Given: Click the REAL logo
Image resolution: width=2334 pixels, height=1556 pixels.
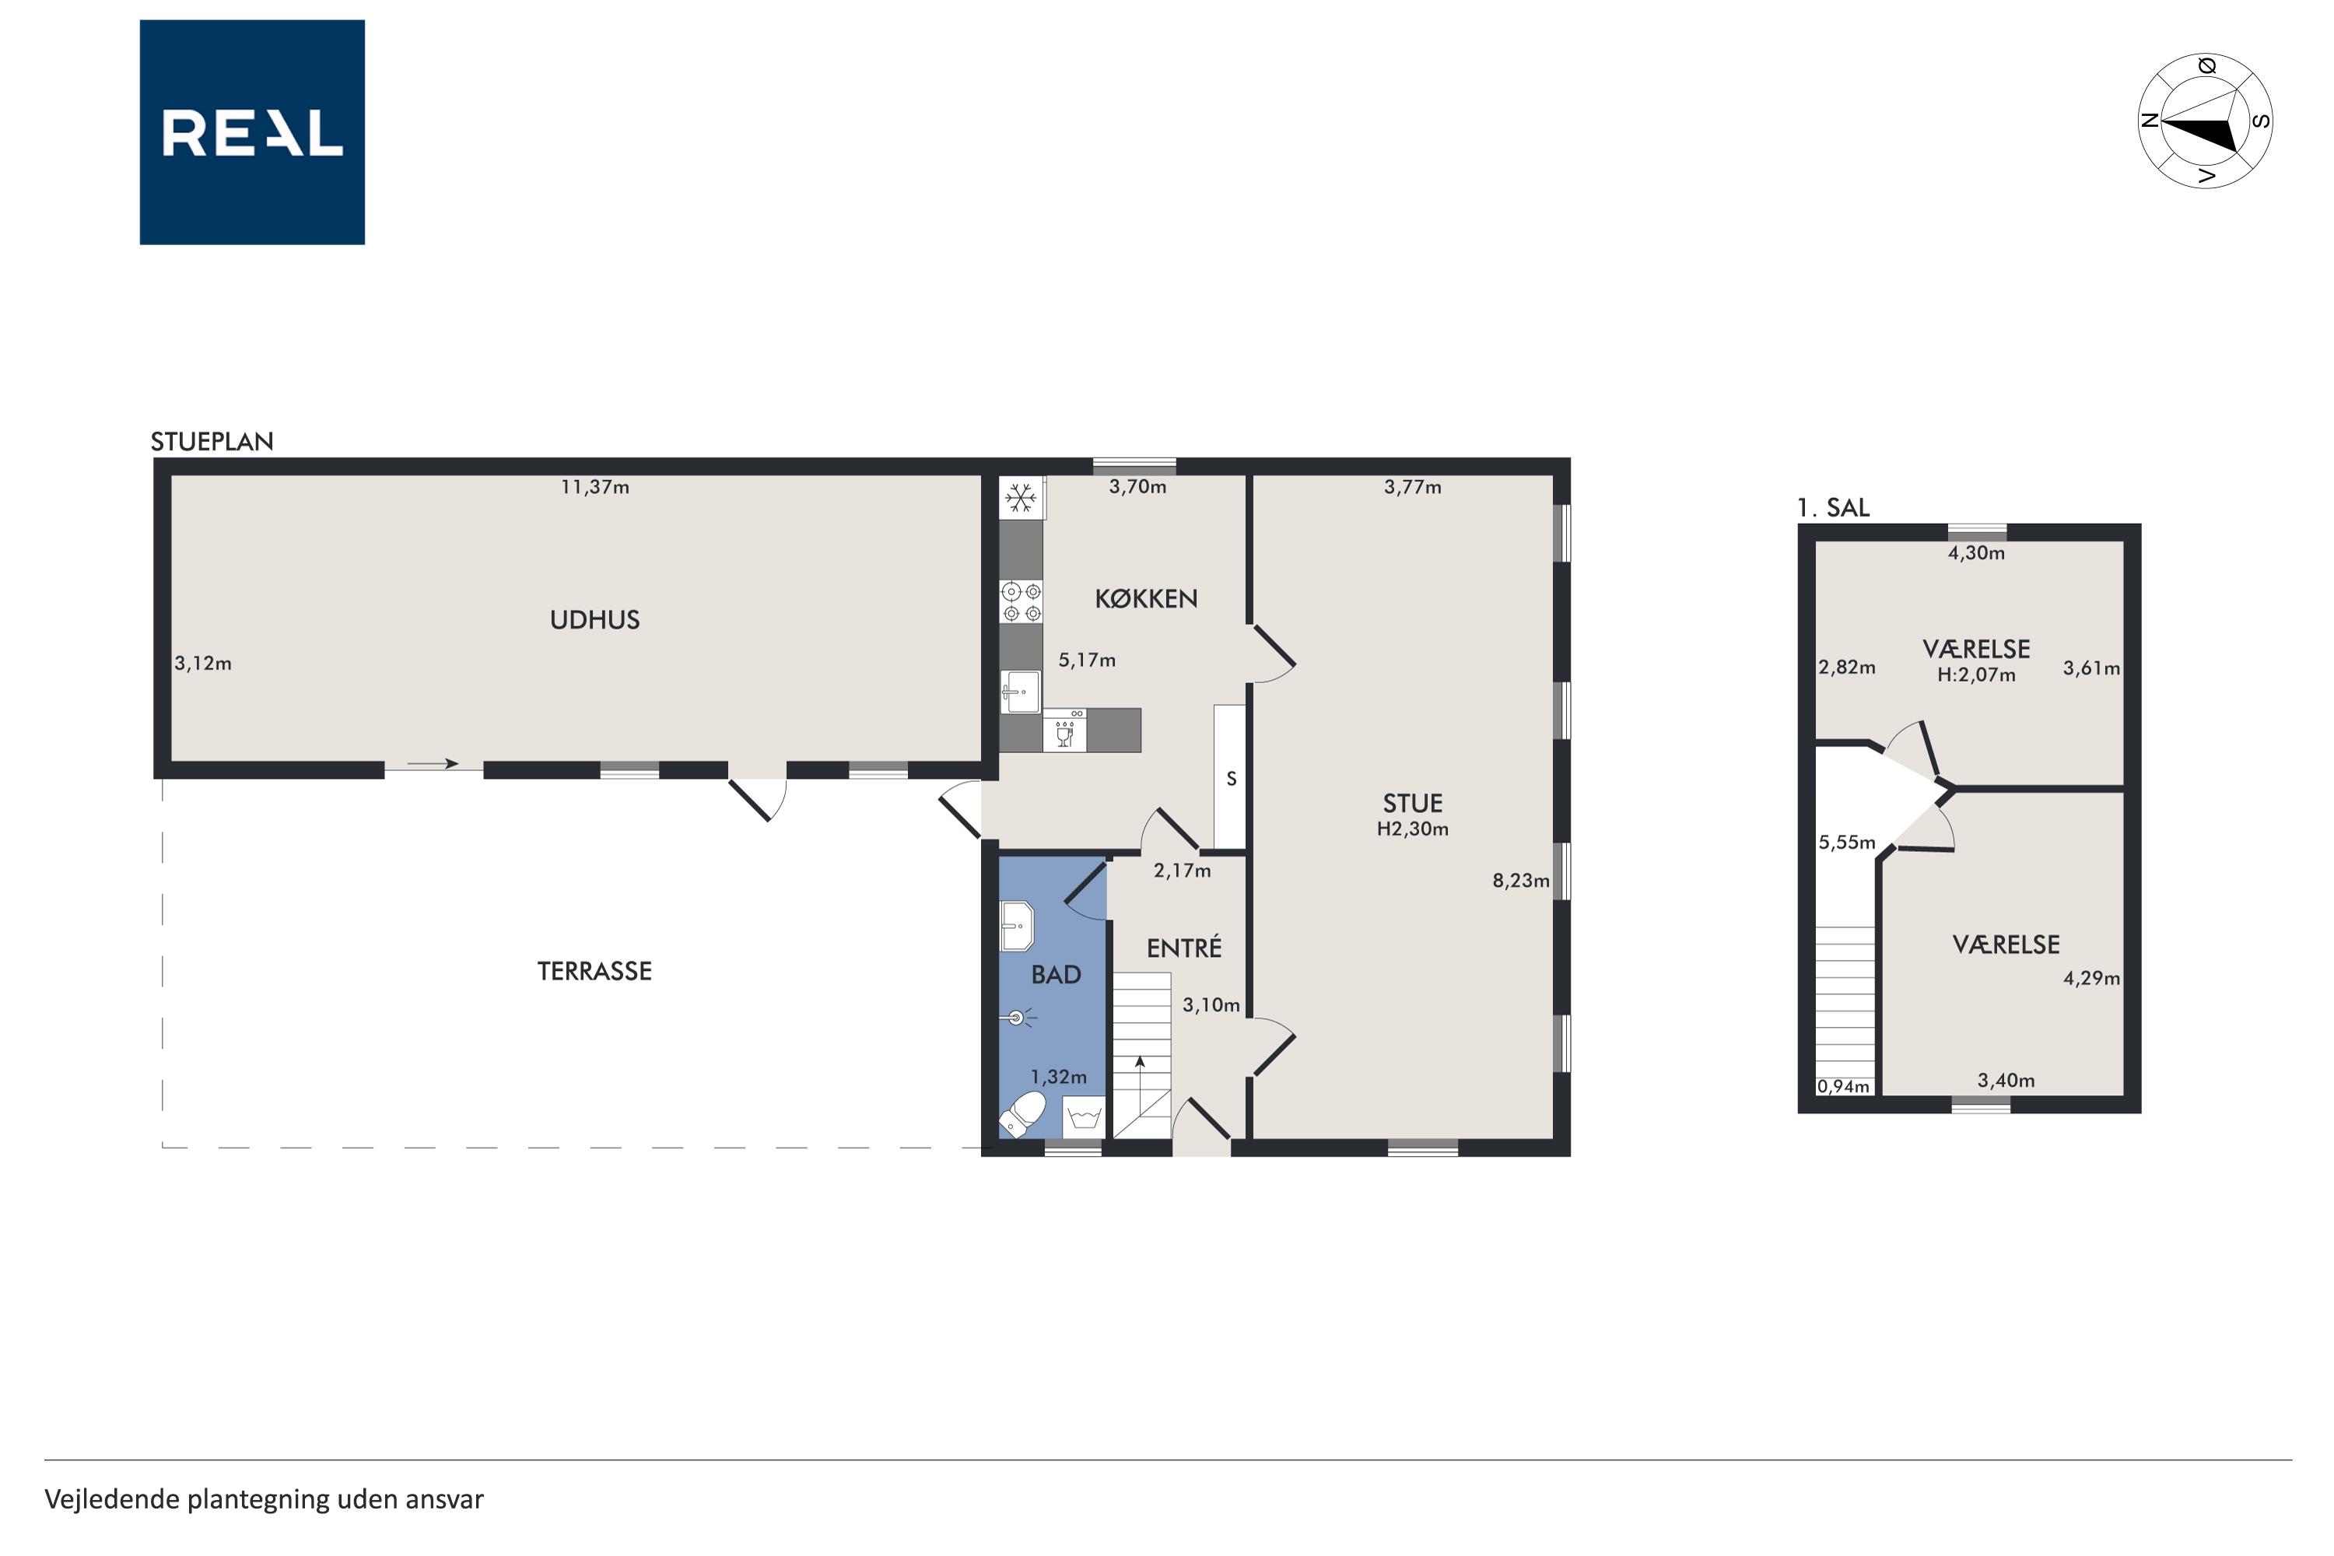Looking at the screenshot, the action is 252,132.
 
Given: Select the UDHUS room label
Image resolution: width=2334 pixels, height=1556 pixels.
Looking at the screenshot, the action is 594,620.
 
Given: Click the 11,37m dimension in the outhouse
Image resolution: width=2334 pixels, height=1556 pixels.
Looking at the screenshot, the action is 594,487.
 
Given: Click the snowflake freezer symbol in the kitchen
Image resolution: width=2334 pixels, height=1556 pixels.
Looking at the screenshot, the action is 1020,497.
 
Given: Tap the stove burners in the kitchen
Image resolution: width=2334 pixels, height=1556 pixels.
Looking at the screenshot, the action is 1021,602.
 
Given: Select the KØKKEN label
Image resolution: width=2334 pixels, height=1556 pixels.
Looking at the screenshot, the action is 1146,598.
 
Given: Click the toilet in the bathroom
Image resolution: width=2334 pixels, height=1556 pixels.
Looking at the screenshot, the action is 1022,1113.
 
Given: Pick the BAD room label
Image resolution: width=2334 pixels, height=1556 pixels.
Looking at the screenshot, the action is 1056,976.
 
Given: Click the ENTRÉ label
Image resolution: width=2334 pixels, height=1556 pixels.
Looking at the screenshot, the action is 1184,948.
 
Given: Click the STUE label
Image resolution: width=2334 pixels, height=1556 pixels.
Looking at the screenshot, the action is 1412,804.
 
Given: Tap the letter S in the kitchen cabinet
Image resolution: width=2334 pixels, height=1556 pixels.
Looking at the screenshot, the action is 1232,779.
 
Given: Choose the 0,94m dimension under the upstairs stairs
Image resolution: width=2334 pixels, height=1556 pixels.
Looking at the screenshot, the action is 1843,1087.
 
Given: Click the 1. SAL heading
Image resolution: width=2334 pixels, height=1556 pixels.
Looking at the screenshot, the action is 1833,508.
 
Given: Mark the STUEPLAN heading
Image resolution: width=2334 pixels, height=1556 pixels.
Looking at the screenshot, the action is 212,442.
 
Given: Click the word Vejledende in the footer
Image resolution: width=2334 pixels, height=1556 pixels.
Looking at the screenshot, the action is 111,1499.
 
